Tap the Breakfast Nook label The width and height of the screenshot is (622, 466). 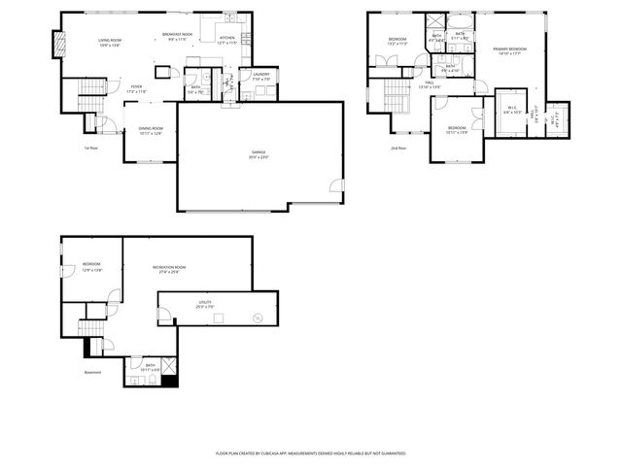tap(177, 37)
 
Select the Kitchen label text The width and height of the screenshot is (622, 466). tap(227, 41)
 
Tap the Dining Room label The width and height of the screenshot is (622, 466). tap(150, 131)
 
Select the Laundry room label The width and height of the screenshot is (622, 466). tap(260, 76)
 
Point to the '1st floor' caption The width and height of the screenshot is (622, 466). tap(90, 148)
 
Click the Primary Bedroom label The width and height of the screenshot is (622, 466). tap(509, 50)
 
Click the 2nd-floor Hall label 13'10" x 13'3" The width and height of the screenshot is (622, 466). tap(429, 85)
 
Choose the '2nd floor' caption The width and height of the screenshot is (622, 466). tap(398, 148)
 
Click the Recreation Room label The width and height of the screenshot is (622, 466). tap(168, 269)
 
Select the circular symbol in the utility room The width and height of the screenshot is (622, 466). tap(258, 317)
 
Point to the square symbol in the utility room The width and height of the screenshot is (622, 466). tap(219, 317)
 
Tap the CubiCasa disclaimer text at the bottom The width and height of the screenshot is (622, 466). tap(310, 452)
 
